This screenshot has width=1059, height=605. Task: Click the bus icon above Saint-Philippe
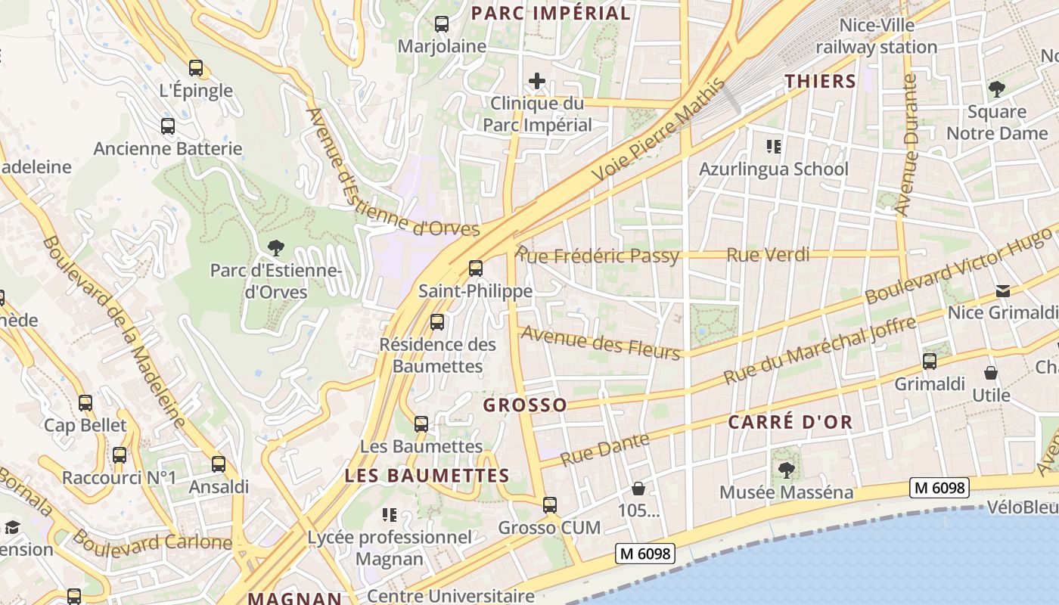(476, 268)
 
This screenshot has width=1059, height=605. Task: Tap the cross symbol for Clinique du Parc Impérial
(537, 81)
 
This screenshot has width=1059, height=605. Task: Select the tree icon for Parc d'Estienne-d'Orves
(276, 247)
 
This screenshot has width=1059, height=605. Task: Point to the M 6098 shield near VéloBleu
(939, 488)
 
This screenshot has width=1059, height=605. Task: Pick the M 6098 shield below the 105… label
(644, 554)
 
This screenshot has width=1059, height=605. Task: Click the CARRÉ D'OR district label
(790, 423)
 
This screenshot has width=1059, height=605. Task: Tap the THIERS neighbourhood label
(820, 82)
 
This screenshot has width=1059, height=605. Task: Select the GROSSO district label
(525, 405)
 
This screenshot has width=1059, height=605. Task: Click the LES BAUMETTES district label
(427, 476)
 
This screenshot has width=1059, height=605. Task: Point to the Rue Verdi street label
(768, 255)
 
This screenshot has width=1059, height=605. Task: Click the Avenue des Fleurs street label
(601, 342)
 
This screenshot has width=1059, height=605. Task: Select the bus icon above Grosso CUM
(550, 504)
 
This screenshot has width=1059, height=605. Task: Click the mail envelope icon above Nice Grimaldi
(1003, 290)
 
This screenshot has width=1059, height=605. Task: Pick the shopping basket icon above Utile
(991, 373)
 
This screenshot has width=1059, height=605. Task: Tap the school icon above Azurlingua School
(773, 146)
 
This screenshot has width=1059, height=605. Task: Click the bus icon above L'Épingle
(196, 68)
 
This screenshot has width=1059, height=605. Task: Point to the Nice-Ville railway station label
(877, 36)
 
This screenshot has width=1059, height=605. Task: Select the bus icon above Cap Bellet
(85, 403)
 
